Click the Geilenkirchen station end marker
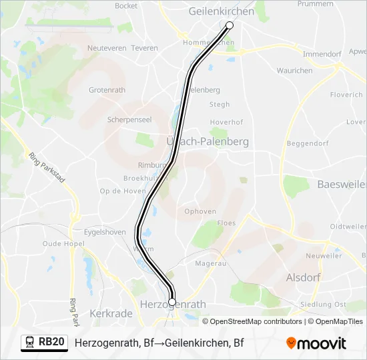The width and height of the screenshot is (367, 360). pos(230,25)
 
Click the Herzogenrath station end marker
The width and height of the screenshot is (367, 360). pos(172,302)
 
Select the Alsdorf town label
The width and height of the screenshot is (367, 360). pos(303,277)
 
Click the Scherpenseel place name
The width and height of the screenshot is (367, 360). pos(129,120)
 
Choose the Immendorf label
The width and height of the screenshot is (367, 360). pos(322,54)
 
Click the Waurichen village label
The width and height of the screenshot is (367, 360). pos(294,71)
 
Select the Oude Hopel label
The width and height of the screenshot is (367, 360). pos(61,244)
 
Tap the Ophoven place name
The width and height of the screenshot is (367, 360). pos(200,212)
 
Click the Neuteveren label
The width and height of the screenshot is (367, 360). pos(107,49)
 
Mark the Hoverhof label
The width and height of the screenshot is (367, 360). pos(226,123)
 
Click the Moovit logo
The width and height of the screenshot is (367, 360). pos(316,343)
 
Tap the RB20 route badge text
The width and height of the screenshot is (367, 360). pos(51,343)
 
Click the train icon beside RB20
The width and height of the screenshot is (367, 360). pos(29,343)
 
